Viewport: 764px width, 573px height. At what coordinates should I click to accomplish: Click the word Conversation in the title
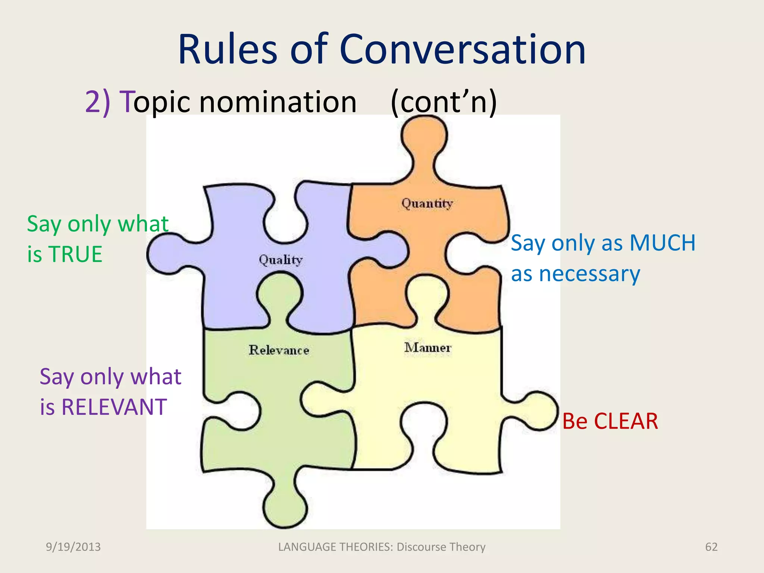pyautogui.click(x=463, y=50)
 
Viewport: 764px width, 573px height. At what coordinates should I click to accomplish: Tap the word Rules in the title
pyautogui.click(x=228, y=50)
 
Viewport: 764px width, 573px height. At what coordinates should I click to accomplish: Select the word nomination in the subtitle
pyautogui.click(x=278, y=101)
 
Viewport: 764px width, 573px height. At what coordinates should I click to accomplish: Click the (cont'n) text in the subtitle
pyautogui.click(x=444, y=101)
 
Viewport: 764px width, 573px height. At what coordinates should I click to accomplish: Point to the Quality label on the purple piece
pyautogui.click(x=281, y=260)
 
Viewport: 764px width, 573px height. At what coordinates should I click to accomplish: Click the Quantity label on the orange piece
pyautogui.click(x=427, y=204)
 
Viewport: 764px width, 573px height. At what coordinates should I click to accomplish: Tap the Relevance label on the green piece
pyautogui.click(x=279, y=350)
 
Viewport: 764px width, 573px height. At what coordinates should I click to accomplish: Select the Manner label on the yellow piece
pyautogui.click(x=428, y=348)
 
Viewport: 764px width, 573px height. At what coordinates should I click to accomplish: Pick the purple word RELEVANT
pyautogui.click(x=114, y=407)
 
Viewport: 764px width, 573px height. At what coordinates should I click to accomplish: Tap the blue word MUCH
pyautogui.click(x=663, y=243)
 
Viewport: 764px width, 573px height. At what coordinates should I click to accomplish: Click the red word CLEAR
pyautogui.click(x=626, y=421)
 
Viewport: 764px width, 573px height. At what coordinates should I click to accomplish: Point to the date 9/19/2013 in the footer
pyautogui.click(x=73, y=547)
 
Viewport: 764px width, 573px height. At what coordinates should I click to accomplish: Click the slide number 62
pyautogui.click(x=711, y=547)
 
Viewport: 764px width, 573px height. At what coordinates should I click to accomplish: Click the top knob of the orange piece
pyautogui.click(x=424, y=138)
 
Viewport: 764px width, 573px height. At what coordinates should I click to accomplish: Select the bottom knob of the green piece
pyautogui.click(x=285, y=506)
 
